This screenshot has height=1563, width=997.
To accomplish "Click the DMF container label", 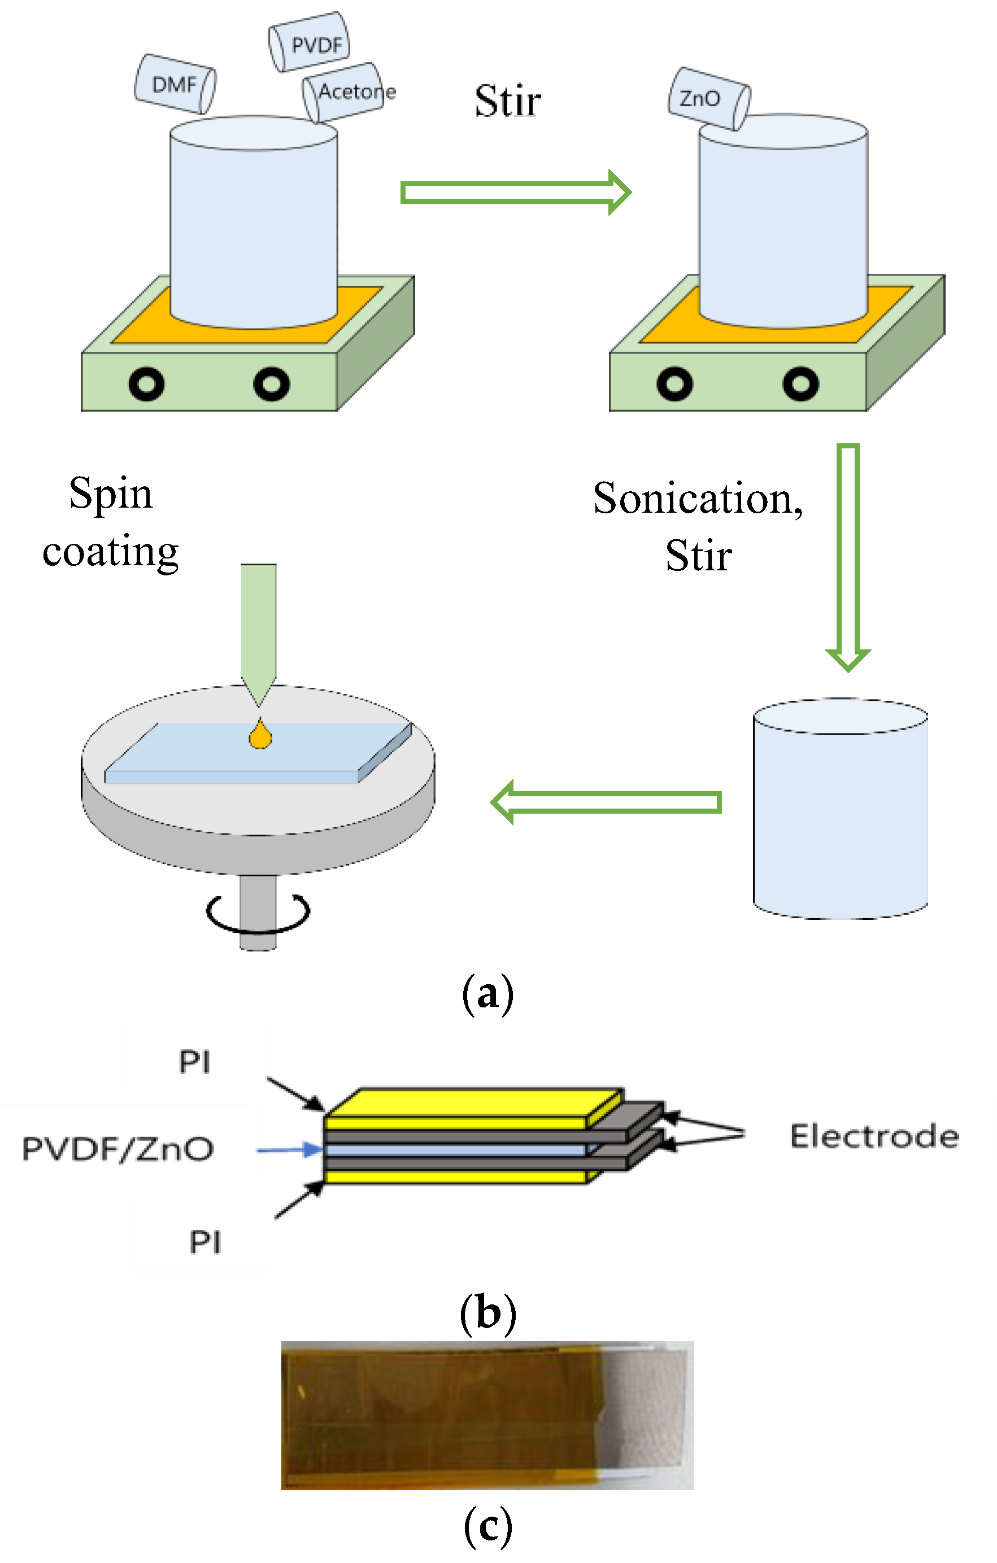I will click(174, 84).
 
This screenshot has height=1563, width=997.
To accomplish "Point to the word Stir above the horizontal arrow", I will click(507, 101).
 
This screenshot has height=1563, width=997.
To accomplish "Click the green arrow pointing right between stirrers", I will click(515, 192).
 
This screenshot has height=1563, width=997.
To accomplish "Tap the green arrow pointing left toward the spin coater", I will click(606, 802).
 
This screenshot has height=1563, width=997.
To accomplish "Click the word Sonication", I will click(698, 499).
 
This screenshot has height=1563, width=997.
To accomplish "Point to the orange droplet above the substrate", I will click(260, 735).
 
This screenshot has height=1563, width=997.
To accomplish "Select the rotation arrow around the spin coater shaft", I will click(258, 913).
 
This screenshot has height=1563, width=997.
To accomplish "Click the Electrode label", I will click(874, 1137).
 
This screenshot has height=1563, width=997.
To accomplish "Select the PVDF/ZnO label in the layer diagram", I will click(117, 1149).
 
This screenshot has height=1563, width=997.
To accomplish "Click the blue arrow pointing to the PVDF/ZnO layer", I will click(289, 1150).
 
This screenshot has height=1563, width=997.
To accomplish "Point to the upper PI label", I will click(194, 1063).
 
